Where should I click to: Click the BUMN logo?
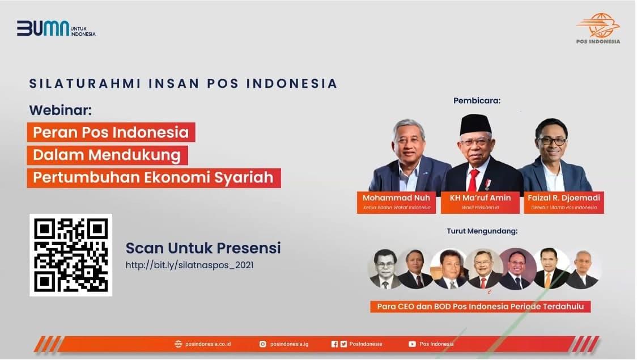[x=56, y=28]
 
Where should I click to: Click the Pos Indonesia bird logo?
[x=598, y=26]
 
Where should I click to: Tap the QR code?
[x=71, y=255]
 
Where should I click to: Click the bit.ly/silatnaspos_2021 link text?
[x=189, y=265]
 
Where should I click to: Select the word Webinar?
[x=60, y=109]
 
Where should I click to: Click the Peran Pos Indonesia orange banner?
[x=111, y=132]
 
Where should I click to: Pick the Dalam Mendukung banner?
[x=107, y=155]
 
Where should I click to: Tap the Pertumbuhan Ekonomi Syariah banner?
[x=154, y=177]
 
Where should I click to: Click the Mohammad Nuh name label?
[x=396, y=198]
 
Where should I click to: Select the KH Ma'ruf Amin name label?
[x=480, y=198]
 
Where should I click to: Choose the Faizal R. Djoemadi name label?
[x=564, y=198]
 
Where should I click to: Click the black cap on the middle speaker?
[x=475, y=123]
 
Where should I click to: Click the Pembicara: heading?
[x=477, y=101]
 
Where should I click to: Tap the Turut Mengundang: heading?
[x=482, y=231]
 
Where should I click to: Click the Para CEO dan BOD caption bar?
[x=481, y=307]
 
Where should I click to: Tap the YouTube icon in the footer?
[x=412, y=344]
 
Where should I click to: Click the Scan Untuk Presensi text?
[x=203, y=248]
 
